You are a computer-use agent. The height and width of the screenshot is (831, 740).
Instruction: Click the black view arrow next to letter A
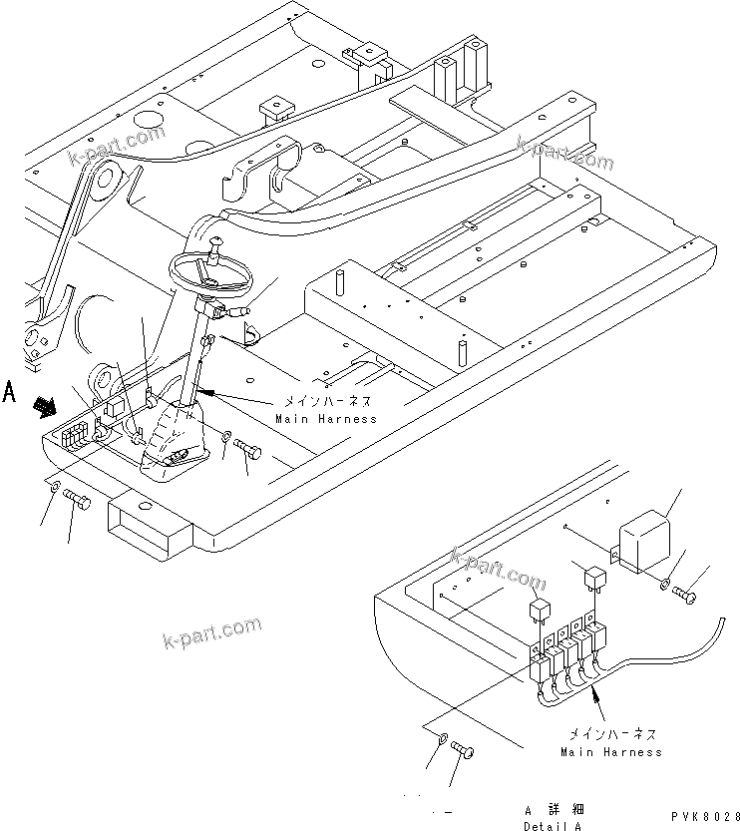(45, 405)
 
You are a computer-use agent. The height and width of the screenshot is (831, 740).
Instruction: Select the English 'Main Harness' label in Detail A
(610, 751)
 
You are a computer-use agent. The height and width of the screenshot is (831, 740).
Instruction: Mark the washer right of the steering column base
(227, 437)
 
